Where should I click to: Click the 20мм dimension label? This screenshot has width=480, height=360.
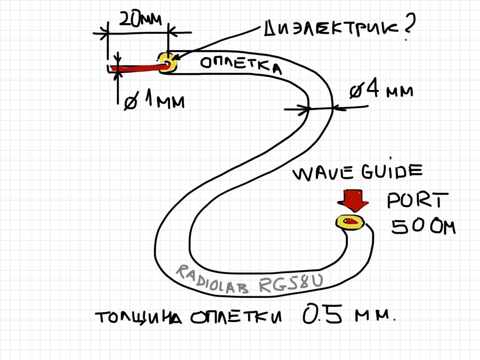point(140,19)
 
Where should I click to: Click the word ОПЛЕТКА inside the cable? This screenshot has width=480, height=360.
point(240,65)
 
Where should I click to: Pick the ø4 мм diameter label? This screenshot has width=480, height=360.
point(381,91)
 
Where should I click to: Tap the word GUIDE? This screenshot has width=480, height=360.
point(391,171)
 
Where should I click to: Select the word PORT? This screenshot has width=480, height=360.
point(417,201)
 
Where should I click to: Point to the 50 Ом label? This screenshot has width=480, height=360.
point(423,226)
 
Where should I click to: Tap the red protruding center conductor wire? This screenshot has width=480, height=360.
point(139,68)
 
